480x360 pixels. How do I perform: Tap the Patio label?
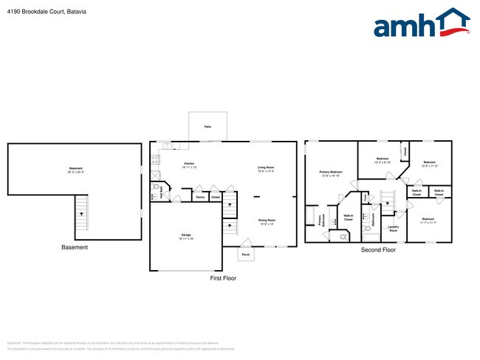[207, 127]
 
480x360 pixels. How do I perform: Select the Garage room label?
[186, 237]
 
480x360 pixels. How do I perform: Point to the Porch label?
[245, 255]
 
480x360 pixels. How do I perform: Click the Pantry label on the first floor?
[200, 198]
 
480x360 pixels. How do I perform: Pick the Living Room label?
[267, 168]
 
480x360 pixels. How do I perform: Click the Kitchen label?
[190, 165]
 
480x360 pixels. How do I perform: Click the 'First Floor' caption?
[223, 279]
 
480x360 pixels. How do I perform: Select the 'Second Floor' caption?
[378, 250]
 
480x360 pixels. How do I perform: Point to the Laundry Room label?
[393, 229]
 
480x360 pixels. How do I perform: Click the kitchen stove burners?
[155, 159]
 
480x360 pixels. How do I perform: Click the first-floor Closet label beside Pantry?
[215, 198]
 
